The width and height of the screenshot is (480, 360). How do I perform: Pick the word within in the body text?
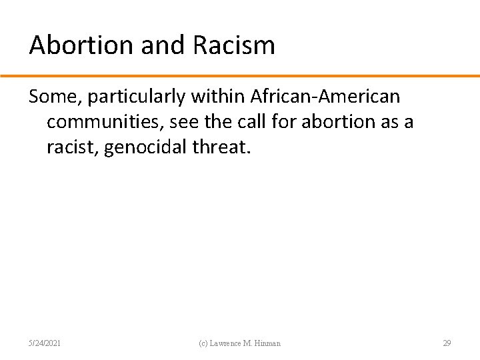click(218, 97)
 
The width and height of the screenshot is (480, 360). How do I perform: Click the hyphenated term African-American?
click(325, 97)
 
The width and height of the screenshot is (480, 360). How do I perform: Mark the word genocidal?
click(145, 147)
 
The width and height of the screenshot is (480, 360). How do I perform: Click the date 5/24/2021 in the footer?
click(45, 343)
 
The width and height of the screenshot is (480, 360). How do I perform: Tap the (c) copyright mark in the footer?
click(205, 343)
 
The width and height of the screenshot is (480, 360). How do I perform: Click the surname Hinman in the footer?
click(268, 343)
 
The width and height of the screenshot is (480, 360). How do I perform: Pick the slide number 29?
click(447, 343)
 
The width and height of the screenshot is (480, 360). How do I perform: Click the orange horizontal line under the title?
click(240, 76)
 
